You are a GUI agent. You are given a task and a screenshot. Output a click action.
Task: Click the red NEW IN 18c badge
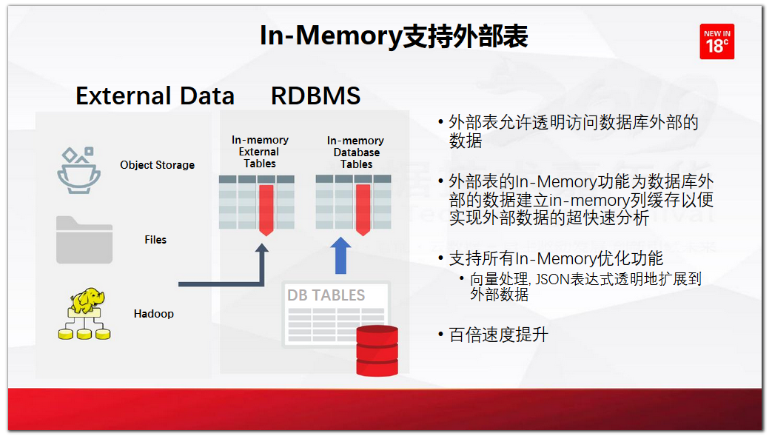716,41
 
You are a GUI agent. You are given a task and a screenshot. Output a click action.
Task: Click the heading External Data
155,95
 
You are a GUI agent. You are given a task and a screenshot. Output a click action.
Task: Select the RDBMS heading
315,95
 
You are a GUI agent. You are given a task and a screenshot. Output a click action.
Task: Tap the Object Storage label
157,165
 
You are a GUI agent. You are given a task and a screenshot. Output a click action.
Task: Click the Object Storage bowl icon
78,170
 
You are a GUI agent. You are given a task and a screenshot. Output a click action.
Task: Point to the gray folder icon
84,240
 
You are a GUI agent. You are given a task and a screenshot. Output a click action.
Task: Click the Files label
155,240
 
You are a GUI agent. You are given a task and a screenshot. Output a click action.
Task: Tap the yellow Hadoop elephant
87,300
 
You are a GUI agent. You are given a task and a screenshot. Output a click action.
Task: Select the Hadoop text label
154,314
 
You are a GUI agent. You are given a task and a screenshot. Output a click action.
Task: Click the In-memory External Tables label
260,152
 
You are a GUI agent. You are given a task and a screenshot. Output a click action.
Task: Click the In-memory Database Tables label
356,152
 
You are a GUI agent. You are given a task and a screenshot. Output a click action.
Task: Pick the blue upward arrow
340,255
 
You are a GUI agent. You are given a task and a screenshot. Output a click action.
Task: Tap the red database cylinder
377,351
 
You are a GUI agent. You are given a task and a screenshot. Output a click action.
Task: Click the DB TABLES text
326,295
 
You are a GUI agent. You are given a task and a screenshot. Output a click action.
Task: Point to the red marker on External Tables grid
266,210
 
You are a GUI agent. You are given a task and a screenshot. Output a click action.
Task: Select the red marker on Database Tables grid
363,210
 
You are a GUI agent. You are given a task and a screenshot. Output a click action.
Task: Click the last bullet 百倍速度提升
498,335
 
